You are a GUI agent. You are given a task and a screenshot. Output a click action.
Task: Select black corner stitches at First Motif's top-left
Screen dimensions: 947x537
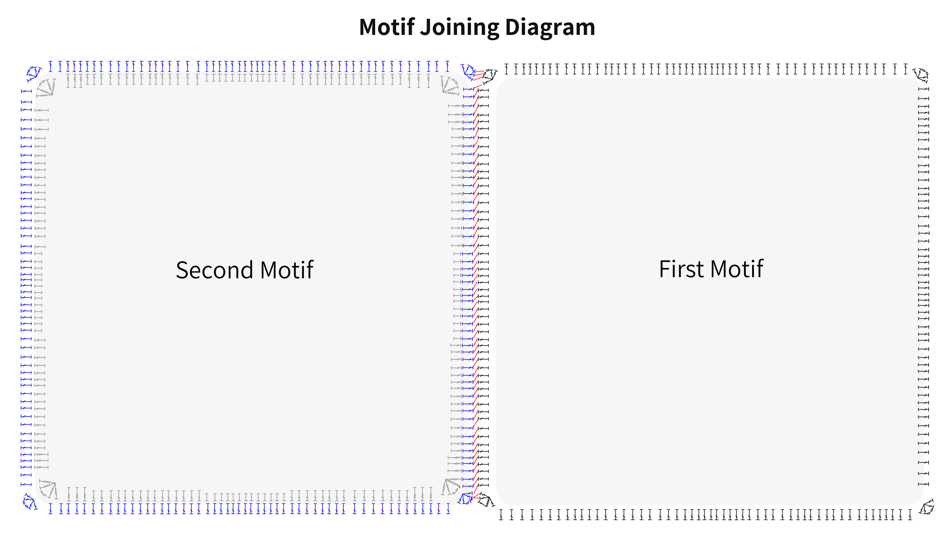point(490,76)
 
